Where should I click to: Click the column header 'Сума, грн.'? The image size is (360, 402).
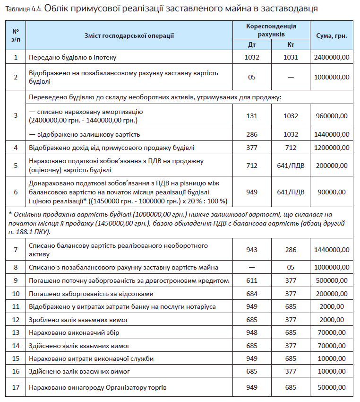[332, 35]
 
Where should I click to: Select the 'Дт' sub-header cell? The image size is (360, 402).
[252, 45]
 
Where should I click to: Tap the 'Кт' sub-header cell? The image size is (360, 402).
[291, 45]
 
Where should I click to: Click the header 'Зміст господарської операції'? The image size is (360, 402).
[129, 35]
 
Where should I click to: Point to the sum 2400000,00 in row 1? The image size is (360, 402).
[332, 57]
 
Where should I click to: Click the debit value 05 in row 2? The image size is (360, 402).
[252, 77]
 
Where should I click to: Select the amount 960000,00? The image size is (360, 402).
[332, 116]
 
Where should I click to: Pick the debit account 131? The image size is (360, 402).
[252, 116]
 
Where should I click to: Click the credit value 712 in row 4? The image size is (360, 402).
[291, 148]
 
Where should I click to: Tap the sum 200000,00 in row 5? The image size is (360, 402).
[332, 166]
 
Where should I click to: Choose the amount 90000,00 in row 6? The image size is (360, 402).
[332, 192]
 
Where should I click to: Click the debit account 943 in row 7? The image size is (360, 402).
[252, 250]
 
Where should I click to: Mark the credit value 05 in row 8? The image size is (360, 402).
[291, 267]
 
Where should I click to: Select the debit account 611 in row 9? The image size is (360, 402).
[252, 280]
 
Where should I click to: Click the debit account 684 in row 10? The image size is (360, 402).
[252, 294]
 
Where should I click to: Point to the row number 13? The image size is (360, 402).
[16, 332]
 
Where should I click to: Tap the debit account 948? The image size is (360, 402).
[252, 332]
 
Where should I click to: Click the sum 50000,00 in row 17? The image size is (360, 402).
[332, 388]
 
